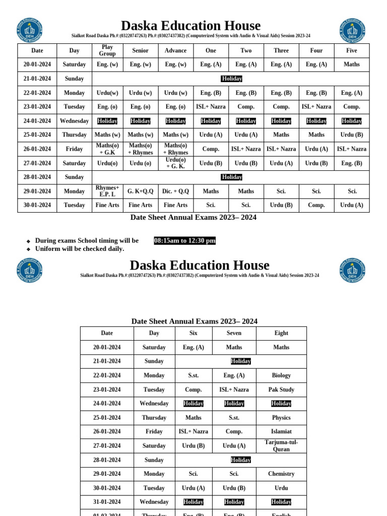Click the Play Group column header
[x=107, y=50]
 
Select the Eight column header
[x=281, y=333]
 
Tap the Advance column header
[x=175, y=50]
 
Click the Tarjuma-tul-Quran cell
[x=281, y=445]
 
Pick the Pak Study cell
[x=281, y=390]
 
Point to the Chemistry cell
[x=281, y=474]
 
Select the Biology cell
[x=281, y=375]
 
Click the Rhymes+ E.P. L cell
[x=107, y=191]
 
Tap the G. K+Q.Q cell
[x=140, y=191]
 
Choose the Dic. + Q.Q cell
[x=175, y=191]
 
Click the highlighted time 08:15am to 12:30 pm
[x=184, y=241]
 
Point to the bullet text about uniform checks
[x=80, y=249]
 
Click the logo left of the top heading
[x=30, y=30]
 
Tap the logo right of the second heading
[x=352, y=271]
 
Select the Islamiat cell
[x=281, y=431]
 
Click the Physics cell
[x=281, y=418]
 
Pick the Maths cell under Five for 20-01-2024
[x=351, y=64]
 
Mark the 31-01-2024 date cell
[x=107, y=502]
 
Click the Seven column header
[x=234, y=333]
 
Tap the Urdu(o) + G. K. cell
[x=175, y=163]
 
